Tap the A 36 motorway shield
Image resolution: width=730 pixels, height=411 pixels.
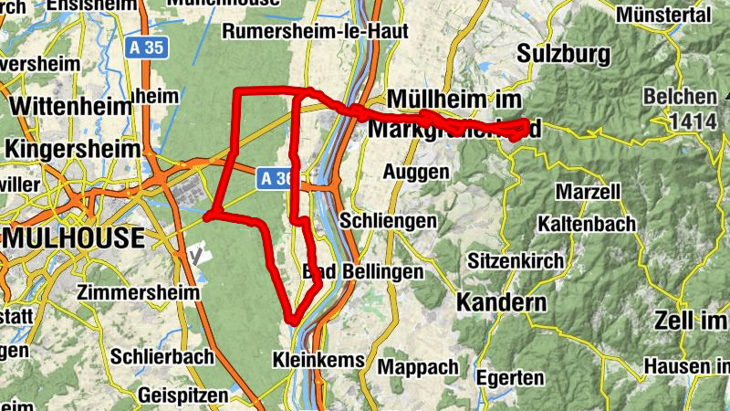tap(273, 176)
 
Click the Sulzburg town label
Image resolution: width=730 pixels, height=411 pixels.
tap(563, 54)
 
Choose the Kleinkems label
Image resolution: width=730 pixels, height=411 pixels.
tap(318, 361)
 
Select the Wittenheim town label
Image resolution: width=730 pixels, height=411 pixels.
tap(70, 106)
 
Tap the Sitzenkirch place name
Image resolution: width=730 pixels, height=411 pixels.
tap(516, 260)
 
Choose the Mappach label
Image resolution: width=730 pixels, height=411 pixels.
tap(418, 367)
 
